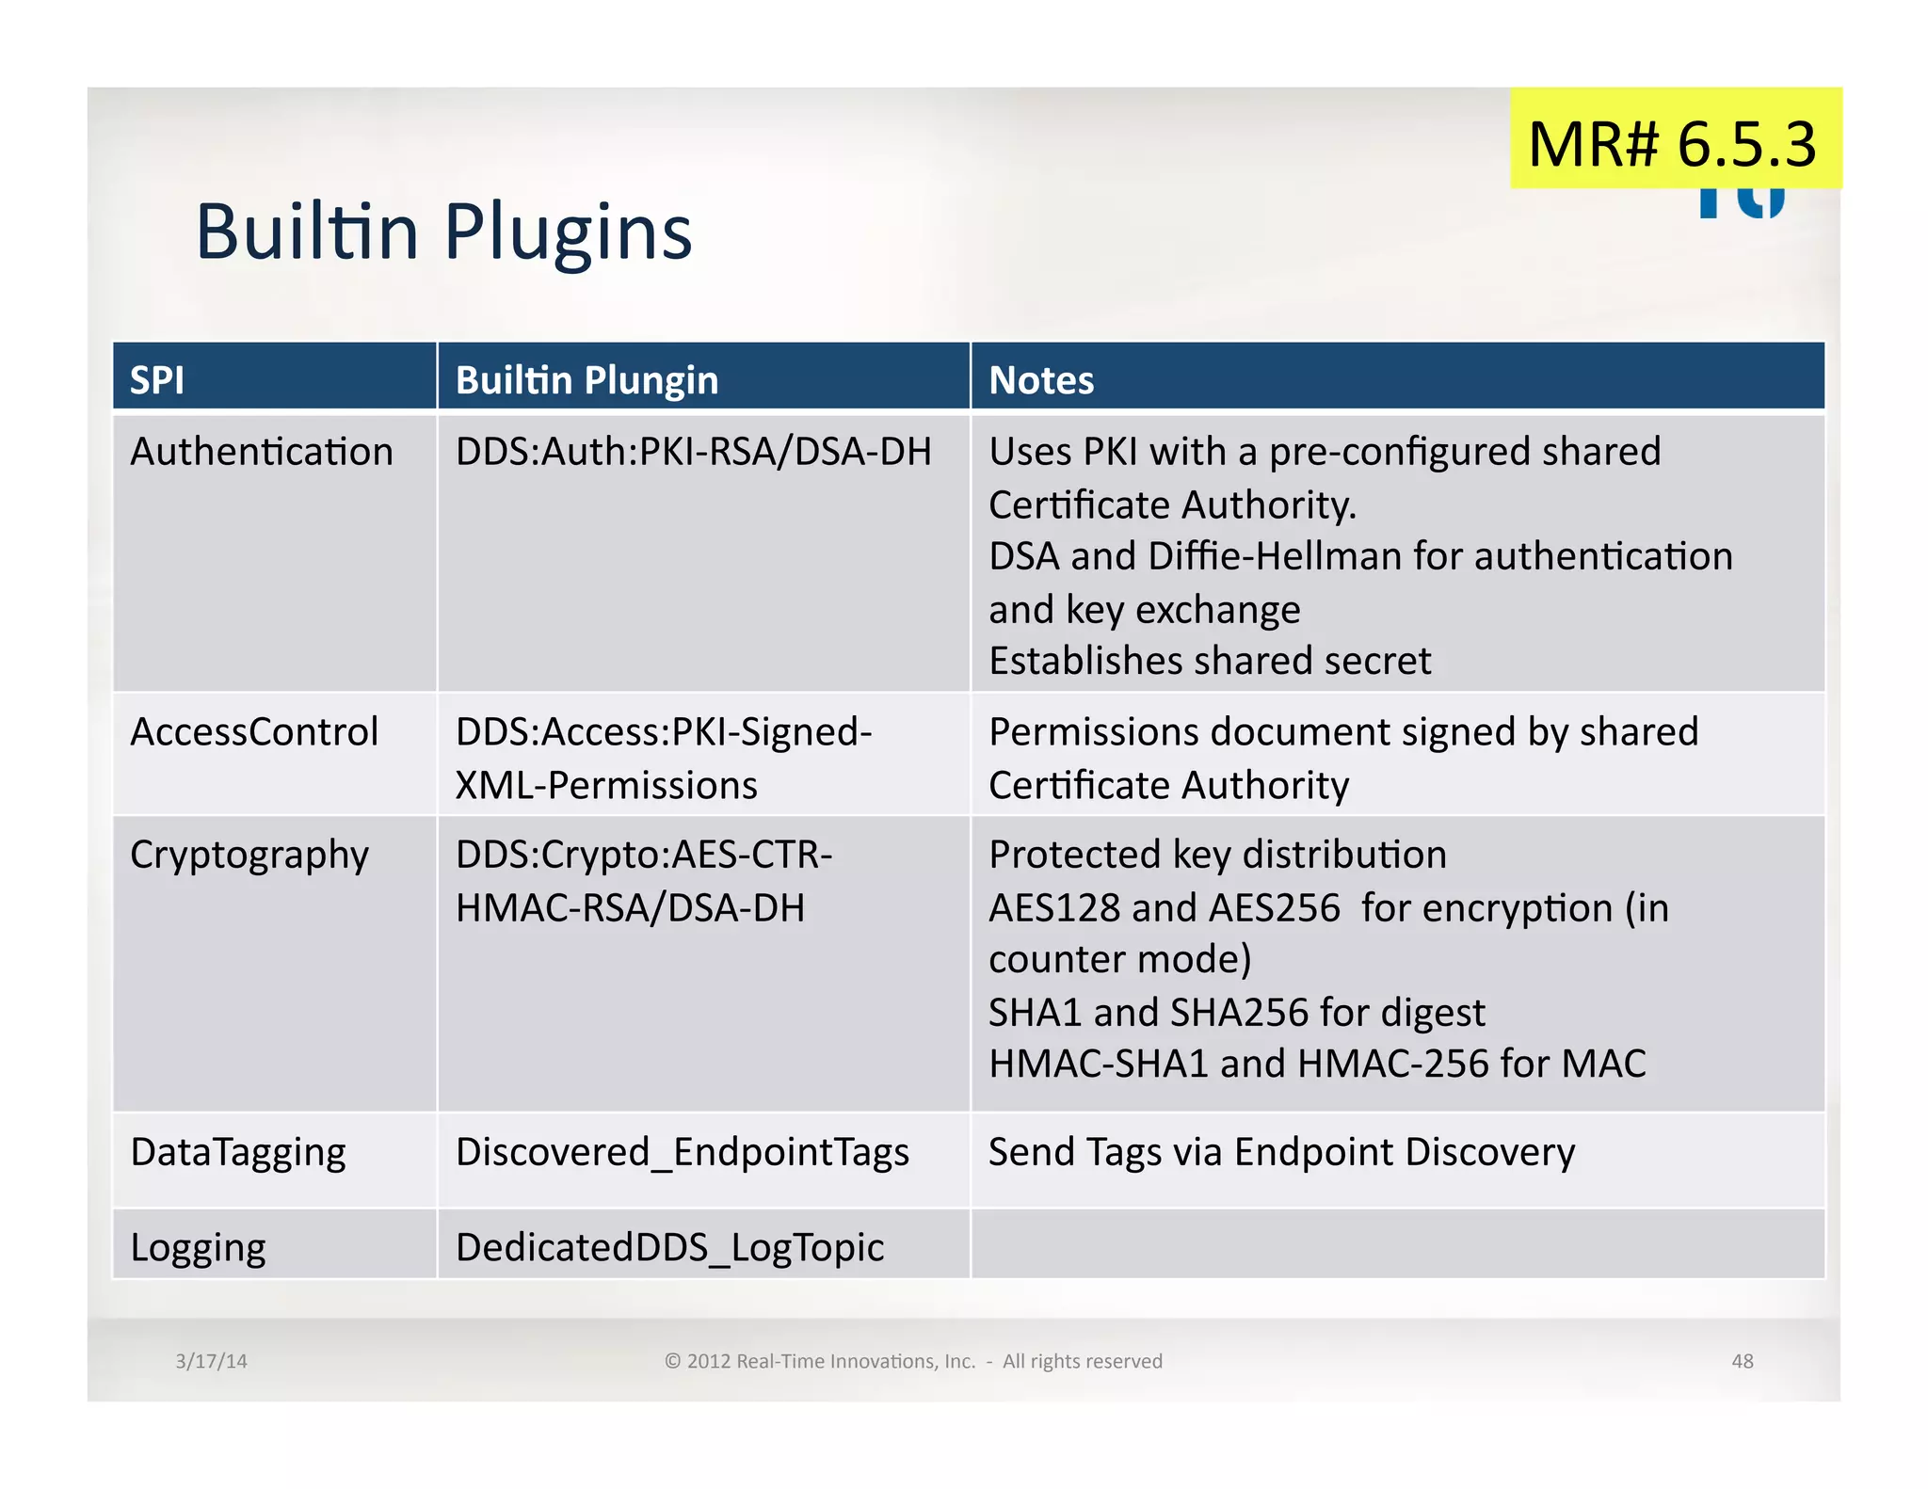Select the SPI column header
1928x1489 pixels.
[x=156, y=380]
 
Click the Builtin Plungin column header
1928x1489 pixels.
[x=586, y=380]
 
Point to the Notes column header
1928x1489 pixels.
[x=1041, y=380]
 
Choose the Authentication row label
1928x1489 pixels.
[x=262, y=452]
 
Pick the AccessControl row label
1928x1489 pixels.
[x=254, y=732]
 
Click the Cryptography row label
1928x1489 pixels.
[x=249, y=856]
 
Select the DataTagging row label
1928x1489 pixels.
[x=238, y=1152]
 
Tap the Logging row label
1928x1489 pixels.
[x=198, y=1248]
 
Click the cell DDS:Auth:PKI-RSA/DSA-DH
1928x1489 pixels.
[x=693, y=452]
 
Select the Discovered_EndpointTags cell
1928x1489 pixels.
[x=683, y=1152]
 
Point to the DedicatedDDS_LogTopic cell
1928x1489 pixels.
[x=669, y=1248]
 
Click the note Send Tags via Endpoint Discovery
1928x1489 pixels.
[x=1281, y=1152]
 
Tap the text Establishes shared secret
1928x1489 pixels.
[x=1210, y=661]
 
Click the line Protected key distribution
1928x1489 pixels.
[x=1217, y=855]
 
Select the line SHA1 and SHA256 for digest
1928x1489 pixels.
[x=1236, y=1013]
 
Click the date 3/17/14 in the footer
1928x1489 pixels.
[x=211, y=1361]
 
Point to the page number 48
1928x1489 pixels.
[x=1743, y=1361]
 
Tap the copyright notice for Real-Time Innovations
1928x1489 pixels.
[x=913, y=1361]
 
